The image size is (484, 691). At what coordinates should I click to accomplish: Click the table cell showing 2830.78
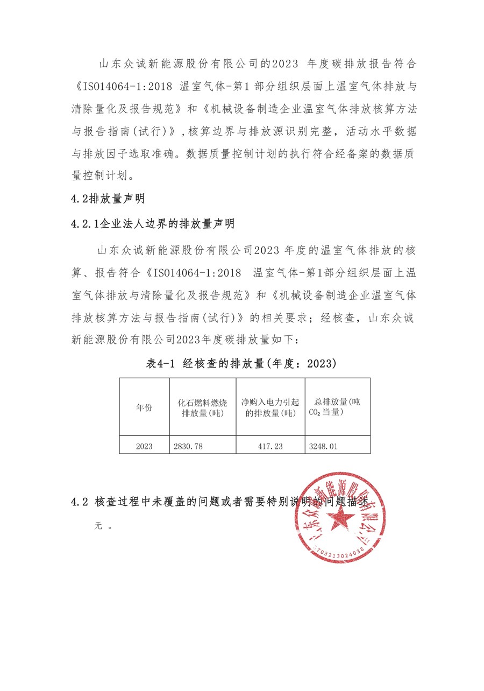tap(188, 446)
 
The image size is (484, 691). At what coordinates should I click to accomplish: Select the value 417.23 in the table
tap(271, 446)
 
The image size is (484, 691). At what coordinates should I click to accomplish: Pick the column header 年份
tap(144, 407)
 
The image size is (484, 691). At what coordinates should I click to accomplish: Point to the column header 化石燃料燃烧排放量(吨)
tap(202, 408)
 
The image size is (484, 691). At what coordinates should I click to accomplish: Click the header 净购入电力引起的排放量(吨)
tap(270, 408)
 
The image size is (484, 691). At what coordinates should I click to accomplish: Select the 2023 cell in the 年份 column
tap(144, 446)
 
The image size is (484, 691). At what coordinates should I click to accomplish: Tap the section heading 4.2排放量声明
tap(108, 199)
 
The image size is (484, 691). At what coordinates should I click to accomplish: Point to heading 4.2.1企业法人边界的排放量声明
tap(153, 223)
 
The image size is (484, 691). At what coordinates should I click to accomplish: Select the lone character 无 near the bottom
tap(98, 526)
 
